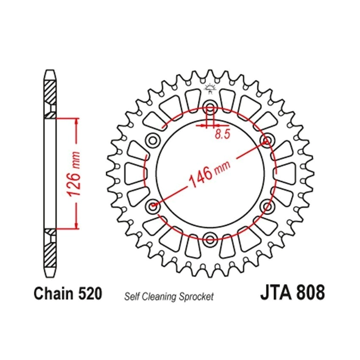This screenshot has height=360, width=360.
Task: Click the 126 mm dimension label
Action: (74, 174)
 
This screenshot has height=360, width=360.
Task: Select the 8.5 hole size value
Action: (222, 134)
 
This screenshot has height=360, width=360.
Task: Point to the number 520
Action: (90, 294)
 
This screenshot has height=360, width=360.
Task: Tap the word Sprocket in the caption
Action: (196, 296)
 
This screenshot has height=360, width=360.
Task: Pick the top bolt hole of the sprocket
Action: (210, 106)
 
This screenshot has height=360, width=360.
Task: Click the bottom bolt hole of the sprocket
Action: (210, 238)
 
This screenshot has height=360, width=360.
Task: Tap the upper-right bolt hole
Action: (267, 140)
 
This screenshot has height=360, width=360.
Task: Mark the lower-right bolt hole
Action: (267, 205)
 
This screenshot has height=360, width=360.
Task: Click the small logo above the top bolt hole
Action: (210, 89)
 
